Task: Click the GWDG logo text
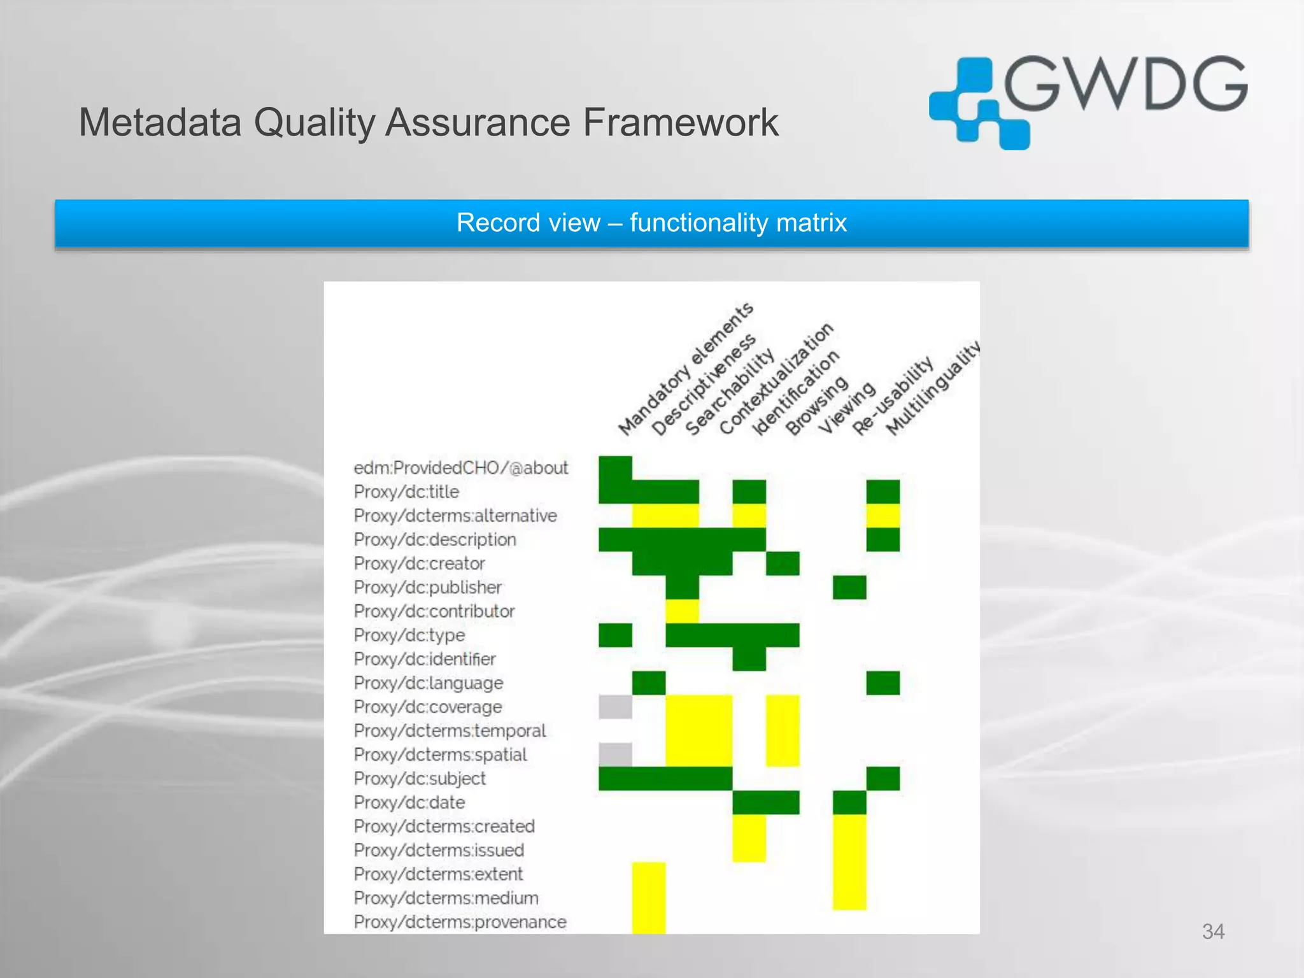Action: pos(1125,84)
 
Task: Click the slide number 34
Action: pos(1213,932)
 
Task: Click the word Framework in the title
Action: pos(680,122)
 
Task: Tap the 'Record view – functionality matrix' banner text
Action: pos(651,223)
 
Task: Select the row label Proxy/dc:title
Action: pos(406,492)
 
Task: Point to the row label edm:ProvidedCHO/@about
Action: pos(460,468)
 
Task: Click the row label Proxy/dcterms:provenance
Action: pos(460,922)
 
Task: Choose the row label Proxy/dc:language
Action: pos(429,683)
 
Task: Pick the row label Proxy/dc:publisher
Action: pos(428,587)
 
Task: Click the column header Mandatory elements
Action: pos(686,369)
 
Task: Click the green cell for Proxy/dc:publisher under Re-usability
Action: pos(849,587)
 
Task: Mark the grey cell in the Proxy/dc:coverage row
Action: pos(615,707)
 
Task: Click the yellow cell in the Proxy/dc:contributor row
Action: pos(682,611)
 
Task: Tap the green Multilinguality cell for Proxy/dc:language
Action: pos(883,683)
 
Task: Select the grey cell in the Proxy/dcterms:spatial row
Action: pos(615,755)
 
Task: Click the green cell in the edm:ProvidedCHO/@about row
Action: pos(615,468)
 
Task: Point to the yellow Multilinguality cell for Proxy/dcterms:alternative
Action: pos(883,516)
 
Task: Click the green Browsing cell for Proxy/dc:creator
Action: pos(783,563)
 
